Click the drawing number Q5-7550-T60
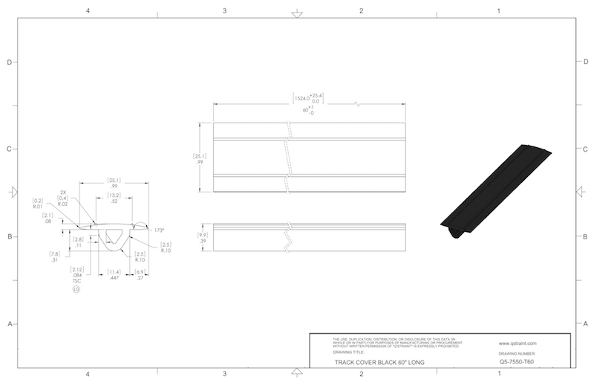tap(518, 361)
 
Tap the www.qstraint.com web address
tap(518, 343)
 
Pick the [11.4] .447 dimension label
tap(114, 274)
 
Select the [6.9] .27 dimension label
tap(140, 274)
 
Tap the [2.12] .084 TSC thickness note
tap(76, 275)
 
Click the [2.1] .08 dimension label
tap(48, 219)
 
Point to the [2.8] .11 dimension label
tap(78, 242)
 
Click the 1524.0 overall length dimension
tap(309, 98)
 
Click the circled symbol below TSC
tap(76, 291)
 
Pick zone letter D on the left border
tap(8, 62)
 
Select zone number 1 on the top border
tap(499, 12)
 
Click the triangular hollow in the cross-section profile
tap(115, 237)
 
